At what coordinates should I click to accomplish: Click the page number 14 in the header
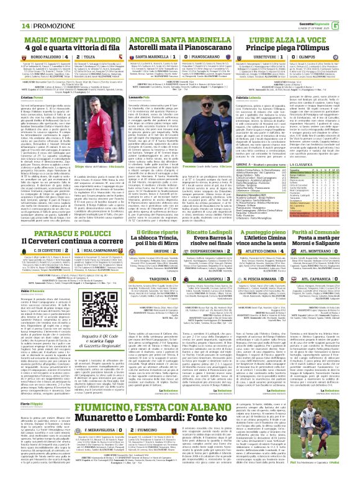[x=9, y=7]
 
